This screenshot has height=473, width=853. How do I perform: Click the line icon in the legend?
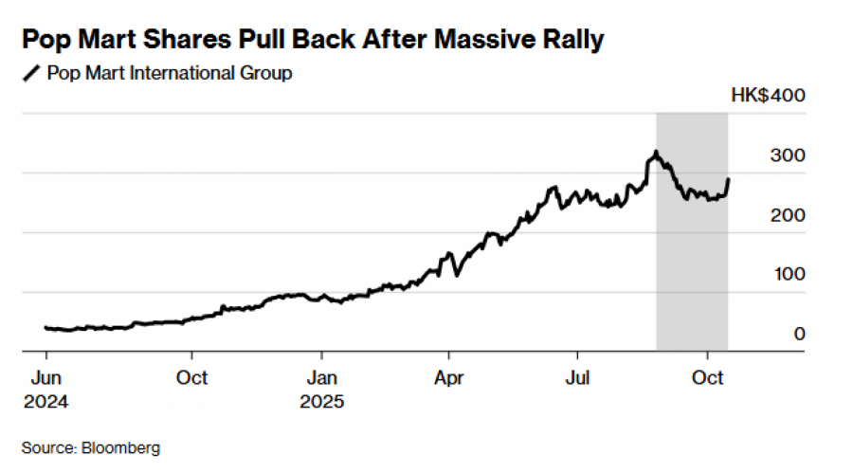click(30, 73)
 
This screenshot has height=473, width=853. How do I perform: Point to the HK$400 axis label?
click(767, 96)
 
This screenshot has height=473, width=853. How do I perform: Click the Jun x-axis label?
click(46, 378)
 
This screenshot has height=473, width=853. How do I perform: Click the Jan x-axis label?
click(321, 378)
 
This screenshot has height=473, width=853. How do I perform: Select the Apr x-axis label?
click(449, 378)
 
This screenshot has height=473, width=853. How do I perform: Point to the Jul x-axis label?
click(578, 378)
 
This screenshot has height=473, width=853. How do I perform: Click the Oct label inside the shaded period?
click(708, 378)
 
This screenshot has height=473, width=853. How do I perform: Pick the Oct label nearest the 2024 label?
click(192, 378)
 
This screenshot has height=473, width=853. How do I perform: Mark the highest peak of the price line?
click(654, 152)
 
